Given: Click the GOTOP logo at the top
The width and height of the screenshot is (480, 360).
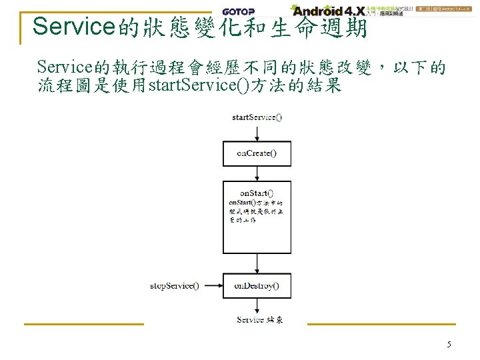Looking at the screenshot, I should point(237,11).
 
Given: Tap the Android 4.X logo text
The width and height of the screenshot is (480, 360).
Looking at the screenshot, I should point(329,11).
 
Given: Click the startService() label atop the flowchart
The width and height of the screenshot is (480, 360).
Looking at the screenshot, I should point(257,117).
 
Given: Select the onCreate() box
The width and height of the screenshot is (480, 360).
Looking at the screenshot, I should point(257,153).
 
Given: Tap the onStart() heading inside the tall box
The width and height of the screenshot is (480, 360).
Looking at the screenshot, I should point(257,193).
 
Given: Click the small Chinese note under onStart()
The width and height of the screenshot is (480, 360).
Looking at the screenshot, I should point(256,211).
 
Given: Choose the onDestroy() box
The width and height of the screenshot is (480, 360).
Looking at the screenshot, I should point(257,286).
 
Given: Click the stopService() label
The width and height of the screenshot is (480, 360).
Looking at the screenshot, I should point(174,286).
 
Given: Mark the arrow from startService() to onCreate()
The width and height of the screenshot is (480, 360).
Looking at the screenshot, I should point(257,132).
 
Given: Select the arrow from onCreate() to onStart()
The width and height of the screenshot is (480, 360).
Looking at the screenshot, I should point(257,173).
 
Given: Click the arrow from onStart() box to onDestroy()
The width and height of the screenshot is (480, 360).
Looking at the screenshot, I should point(257,263).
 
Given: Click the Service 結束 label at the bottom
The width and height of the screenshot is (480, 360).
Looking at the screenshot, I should point(260,320).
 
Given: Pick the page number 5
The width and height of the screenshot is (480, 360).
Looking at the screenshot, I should point(449,345).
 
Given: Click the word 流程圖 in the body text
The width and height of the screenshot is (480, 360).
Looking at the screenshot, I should point(65,86).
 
